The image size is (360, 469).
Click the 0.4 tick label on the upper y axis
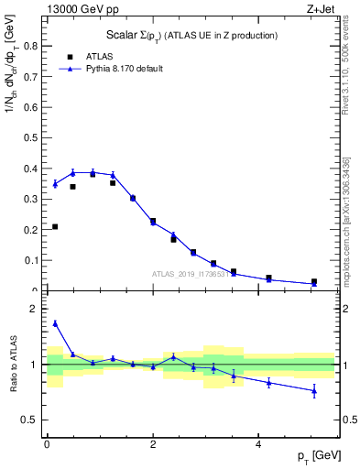[33, 169]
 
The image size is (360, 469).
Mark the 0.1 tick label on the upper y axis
[33, 260]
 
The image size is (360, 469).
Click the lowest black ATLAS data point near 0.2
[55, 226]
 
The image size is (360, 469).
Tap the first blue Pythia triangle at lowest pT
[55, 184]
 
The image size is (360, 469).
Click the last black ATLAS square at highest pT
[314, 282]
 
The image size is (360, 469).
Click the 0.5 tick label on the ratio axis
[34, 420]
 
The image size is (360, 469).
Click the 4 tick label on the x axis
[258, 443]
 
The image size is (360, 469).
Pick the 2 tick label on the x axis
[153, 443]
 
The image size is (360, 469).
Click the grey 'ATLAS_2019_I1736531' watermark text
[190, 274]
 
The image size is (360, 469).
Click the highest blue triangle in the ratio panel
[55, 322]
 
